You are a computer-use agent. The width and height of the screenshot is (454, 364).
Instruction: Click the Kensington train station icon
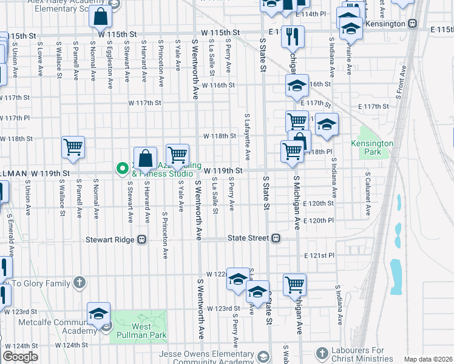click(x=413, y=24)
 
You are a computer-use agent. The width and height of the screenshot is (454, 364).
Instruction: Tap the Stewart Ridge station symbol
click(x=141, y=240)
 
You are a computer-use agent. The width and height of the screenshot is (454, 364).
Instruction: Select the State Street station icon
click(x=276, y=238)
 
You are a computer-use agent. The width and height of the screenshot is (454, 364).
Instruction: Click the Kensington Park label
click(x=372, y=147)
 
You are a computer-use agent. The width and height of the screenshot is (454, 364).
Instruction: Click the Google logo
click(x=20, y=357)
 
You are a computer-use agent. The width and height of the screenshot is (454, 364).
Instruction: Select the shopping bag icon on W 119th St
click(x=146, y=160)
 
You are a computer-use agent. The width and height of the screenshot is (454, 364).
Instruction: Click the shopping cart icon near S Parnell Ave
click(x=73, y=147)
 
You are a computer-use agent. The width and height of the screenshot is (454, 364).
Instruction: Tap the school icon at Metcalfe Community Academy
click(x=98, y=314)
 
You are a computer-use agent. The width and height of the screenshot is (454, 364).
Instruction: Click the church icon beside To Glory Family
click(x=79, y=282)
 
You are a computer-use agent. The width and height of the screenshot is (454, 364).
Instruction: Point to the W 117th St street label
click(x=144, y=103)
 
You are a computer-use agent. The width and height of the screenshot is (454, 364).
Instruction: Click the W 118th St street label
click(x=219, y=136)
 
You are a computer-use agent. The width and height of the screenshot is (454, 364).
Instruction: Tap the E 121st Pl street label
click(x=319, y=256)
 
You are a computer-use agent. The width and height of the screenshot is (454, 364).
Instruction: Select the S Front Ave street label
click(x=401, y=83)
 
